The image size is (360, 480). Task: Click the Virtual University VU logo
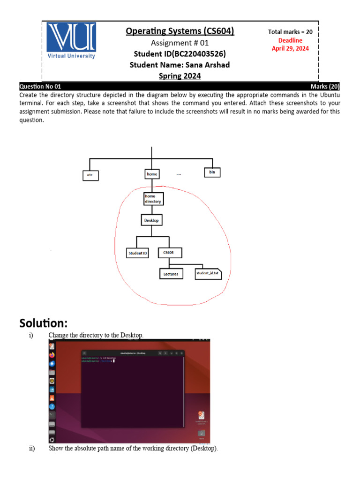pos(71,41)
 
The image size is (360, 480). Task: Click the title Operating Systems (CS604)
pos(180,31)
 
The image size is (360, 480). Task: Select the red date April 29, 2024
pos(290,48)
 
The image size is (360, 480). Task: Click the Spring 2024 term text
pos(180,75)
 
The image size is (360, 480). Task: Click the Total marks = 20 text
pos(290,32)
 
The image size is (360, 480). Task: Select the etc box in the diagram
pos(91,175)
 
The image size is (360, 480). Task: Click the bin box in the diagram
pos(212,172)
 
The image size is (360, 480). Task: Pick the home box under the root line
pos(151,174)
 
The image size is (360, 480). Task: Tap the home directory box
pos(153,199)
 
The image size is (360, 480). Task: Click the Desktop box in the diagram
pos(151,220)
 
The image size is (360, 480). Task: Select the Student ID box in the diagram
pos(138,253)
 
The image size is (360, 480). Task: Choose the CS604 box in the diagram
pos(169,253)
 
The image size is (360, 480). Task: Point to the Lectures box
pos(171,274)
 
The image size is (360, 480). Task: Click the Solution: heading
pos(43,323)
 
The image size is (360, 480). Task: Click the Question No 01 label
pos(40,87)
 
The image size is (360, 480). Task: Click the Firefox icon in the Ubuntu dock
pos(52,355)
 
